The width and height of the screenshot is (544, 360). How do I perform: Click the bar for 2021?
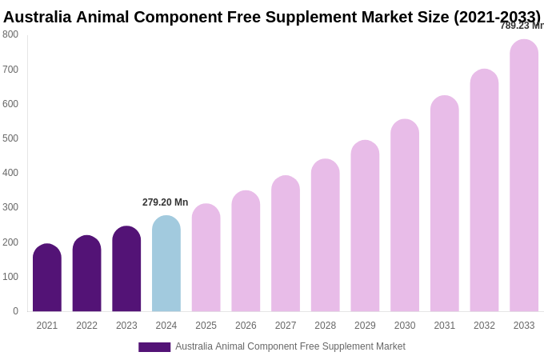pos(47,278)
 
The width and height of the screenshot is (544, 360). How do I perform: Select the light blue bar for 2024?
pos(166,263)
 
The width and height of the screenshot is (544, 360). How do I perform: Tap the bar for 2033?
pos(524,175)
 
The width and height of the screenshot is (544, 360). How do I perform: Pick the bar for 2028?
pos(326,235)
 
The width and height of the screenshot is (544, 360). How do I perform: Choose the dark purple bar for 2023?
pos(126,269)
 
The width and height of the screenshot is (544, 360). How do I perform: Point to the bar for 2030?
pos(405,215)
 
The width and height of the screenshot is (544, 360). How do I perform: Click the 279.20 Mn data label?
pos(166,202)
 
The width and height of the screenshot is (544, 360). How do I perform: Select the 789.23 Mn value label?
pos(522,26)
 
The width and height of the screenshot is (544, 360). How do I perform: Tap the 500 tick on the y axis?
pos(10,138)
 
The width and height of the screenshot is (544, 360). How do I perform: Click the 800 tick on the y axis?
pos(10,34)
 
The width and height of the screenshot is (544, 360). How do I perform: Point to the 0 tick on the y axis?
pos(15,311)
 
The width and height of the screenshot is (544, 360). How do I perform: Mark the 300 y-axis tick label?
pos(10,207)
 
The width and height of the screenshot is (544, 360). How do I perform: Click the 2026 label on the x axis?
pos(246,326)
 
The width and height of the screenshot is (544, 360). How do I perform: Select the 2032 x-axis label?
pos(484,326)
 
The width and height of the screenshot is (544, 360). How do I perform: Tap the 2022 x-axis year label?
pos(86,326)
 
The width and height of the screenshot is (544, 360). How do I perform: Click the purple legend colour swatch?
pos(154,347)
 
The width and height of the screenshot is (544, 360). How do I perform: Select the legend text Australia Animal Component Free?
pos(247,346)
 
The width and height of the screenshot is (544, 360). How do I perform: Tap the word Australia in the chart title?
pos(38,17)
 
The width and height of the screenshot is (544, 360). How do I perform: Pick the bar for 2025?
pos(206,258)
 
